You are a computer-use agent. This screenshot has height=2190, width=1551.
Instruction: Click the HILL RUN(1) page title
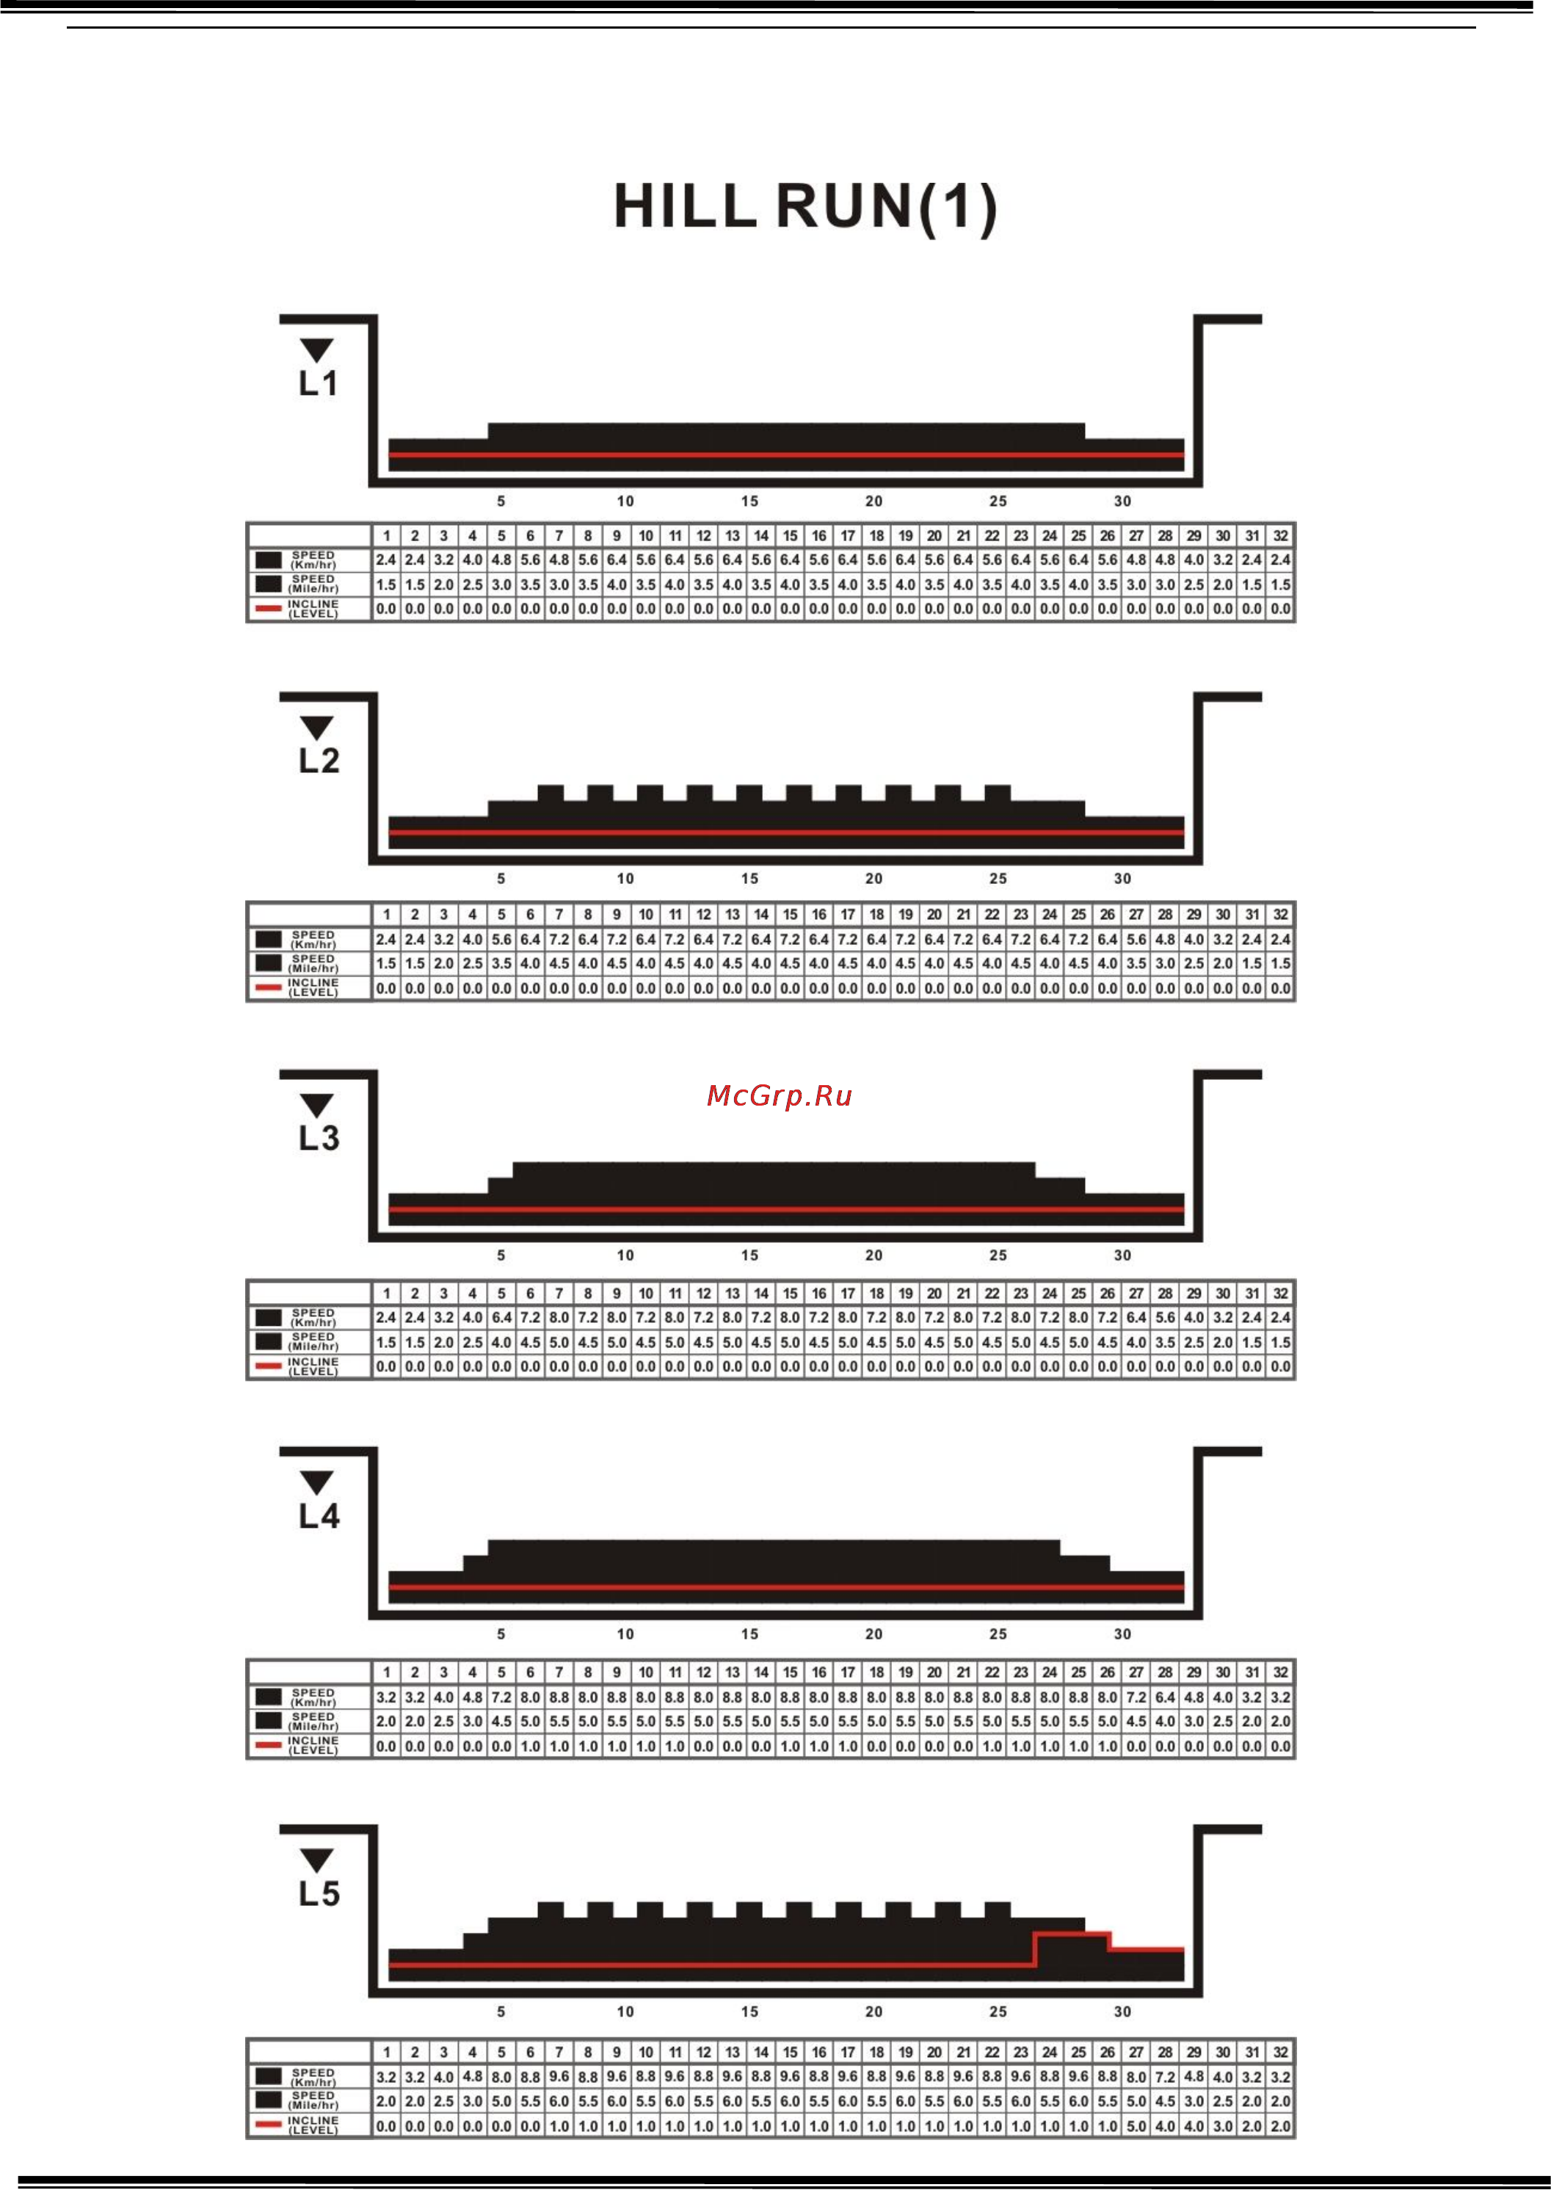pos(805,206)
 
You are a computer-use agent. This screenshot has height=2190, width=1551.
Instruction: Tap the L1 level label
pos(318,383)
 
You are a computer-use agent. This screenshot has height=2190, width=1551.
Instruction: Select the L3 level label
pos(318,1137)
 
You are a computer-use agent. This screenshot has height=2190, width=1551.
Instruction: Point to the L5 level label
pos(318,1893)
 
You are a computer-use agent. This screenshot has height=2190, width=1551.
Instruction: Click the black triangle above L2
pos(316,727)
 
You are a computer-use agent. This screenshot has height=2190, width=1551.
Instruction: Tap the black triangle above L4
pos(316,1482)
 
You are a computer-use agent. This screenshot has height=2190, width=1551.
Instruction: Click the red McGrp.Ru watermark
pos(778,1095)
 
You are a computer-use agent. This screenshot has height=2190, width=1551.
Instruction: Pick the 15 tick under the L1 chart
pos(749,501)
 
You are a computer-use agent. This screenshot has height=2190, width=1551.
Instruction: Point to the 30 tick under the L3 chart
pos(1122,1255)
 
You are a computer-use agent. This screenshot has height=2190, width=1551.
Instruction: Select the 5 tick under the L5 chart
pos(501,2010)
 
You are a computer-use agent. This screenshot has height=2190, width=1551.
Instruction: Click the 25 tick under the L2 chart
pos(998,878)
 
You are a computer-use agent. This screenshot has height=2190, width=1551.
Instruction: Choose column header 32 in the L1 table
pos(1281,536)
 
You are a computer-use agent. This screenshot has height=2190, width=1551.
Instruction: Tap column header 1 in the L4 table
pos(386,1672)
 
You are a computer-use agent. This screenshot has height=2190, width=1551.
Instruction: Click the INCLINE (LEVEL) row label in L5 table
pos(313,2124)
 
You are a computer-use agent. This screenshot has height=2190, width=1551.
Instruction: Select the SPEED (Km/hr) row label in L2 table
pos(313,939)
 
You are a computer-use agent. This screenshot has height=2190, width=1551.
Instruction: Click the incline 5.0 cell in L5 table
pos(1136,2126)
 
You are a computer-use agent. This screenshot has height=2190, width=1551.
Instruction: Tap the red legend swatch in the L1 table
pos(269,607)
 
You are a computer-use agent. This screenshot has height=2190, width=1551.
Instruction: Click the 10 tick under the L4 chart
pos(625,1634)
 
